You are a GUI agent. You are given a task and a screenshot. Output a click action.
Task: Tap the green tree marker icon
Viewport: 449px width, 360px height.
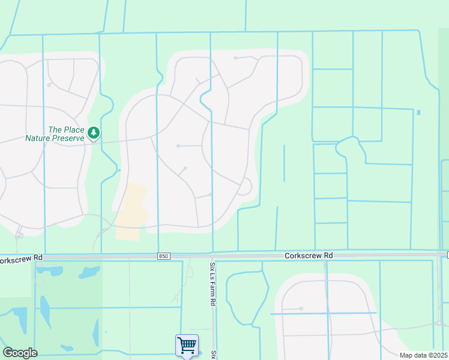93,133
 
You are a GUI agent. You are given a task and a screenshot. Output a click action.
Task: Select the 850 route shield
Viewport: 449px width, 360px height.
164,256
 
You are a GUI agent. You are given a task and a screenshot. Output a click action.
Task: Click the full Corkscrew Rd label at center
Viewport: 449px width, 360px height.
309,256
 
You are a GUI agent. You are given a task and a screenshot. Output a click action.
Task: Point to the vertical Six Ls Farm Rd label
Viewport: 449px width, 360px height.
212,284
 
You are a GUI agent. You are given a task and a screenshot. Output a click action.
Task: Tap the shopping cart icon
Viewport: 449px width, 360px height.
187,345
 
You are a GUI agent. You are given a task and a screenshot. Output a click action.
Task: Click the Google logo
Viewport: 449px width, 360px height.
20,353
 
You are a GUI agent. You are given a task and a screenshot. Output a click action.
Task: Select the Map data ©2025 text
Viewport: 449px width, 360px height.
423,355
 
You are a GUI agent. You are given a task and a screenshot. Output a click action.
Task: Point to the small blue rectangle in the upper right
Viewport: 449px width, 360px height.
418,112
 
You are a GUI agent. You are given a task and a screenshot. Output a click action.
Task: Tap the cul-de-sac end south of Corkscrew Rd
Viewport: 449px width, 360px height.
301,308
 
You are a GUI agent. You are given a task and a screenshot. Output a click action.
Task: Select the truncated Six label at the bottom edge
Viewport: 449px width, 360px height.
212,355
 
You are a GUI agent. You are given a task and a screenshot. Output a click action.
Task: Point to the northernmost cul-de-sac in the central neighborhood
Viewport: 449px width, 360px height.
235,58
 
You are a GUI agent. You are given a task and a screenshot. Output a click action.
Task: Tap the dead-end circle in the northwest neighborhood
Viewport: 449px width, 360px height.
48,85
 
